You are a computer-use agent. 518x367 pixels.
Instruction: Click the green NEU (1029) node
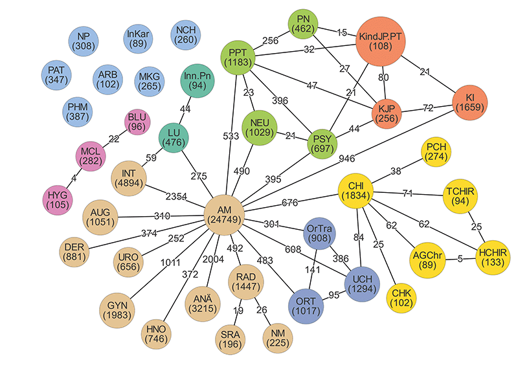[260, 128]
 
